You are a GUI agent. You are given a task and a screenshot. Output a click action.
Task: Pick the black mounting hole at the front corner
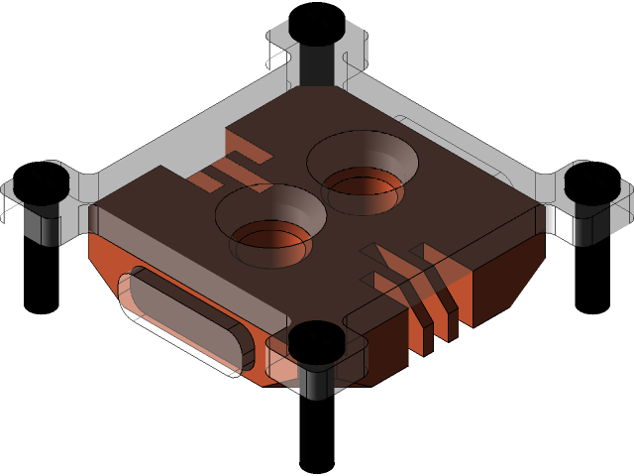click(x=315, y=342)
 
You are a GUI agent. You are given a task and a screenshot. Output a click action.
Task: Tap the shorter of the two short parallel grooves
click(x=207, y=179)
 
